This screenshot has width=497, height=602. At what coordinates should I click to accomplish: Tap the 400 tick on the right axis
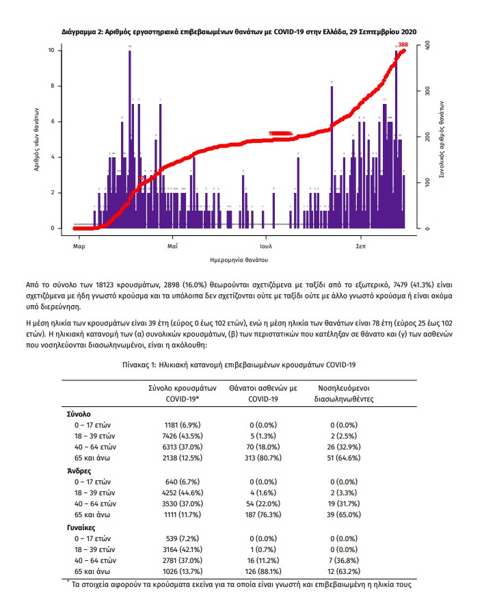coord(426,44)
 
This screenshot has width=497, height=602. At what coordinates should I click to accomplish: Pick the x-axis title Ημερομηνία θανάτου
coord(239,260)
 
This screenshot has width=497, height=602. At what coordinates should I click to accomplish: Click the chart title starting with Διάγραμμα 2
coord(239,31)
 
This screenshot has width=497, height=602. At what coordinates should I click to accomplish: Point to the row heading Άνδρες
coord(79,471)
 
